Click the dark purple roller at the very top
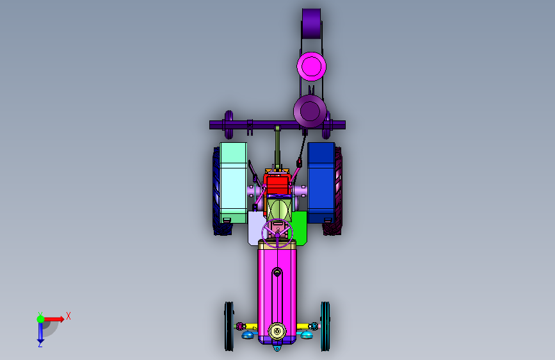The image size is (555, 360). click(x=312, y=24)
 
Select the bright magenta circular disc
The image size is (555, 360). click(x=312, y=66)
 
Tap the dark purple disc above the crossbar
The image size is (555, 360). click(x=310, y=111)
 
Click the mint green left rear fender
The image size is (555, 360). click(x=233, y=183)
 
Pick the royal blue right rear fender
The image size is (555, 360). click(x=321, y=183)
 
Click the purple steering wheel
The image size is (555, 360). click(x=277, y=234)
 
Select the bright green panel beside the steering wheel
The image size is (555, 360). click(x=300, y=228)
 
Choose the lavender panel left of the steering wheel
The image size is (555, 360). click(x=255, y=228)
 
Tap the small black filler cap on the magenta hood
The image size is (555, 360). click(x=277, y=272)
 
